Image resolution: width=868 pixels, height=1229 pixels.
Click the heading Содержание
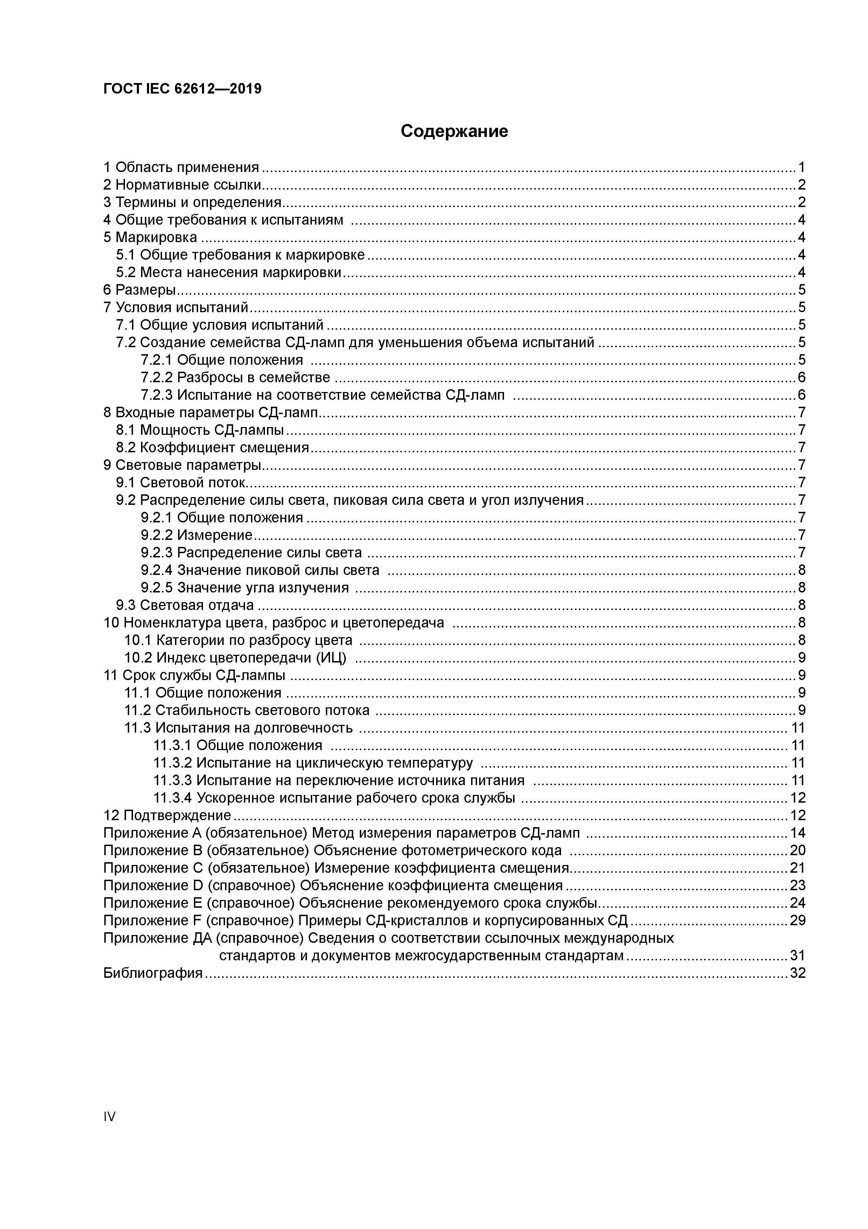pyautogui.click(x=454, y=131)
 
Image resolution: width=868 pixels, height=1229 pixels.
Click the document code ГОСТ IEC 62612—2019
pyautogui.click(x=182, y=89)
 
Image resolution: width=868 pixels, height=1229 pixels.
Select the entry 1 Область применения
pyautogui.click(x=181, y=167)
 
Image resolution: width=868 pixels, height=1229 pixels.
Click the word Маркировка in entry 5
pyautogui.click(x=156, y=237)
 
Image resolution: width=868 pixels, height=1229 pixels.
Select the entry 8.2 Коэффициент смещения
pyautogui.click(x=212, y=447)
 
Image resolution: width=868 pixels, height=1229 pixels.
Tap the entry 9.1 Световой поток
pyautogui.click(x=181, y=483)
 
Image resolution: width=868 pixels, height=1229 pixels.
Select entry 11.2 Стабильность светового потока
pyautogui.click(x=246, y=710)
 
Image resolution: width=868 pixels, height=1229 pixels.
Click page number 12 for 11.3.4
pyautogui.click(x=797, y=798)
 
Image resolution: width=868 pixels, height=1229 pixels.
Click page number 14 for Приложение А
pyautogui.click(x=797, y=833)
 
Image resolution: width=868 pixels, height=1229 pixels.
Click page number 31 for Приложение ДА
pyautogui.click(x=797, y=955)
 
